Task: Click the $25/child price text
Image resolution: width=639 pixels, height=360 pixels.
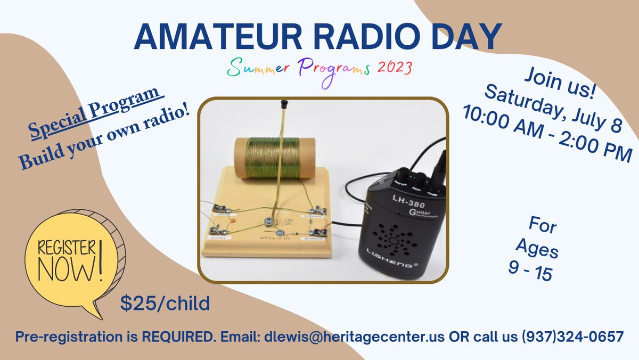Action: click(x=165, y=303)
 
